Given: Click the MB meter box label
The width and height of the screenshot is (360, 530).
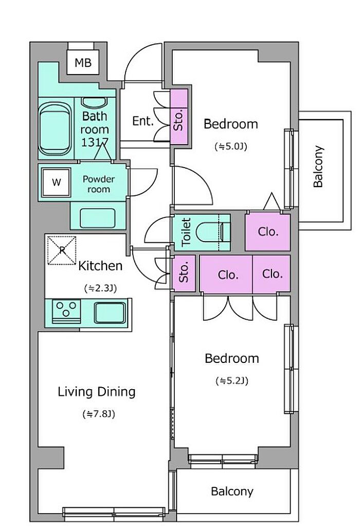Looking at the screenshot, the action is point(83,63).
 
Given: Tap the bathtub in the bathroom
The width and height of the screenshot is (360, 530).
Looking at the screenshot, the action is point(55,129).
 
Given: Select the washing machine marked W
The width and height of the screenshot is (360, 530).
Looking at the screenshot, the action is point(56,182).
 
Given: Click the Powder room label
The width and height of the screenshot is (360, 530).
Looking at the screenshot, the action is point(99,184).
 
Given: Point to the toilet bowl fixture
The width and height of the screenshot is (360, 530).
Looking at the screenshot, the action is point(213,232).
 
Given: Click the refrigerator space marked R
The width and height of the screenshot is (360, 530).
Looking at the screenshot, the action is point(62,250).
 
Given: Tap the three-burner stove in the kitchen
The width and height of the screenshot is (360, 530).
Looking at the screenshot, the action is point(66,310).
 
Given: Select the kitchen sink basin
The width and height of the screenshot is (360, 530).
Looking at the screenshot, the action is point(110,313).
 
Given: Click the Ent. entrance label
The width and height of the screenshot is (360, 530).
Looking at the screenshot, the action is point(142,121).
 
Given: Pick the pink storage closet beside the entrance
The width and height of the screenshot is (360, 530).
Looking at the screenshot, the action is point(179,117).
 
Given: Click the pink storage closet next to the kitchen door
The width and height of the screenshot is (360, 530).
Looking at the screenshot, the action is point(184,273).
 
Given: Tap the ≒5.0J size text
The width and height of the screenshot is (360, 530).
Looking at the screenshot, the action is point(231,147).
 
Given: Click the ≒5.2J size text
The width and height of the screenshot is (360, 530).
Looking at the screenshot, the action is point(232,381).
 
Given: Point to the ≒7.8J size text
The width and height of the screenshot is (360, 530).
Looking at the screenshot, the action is point(99,414).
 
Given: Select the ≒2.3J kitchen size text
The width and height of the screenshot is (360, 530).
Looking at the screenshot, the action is point(100,288).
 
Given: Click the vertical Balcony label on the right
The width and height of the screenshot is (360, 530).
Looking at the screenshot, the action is point(318,167).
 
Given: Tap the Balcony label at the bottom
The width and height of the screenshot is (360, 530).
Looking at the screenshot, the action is point(232,491).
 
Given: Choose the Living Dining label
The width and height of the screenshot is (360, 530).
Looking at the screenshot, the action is point(97,391).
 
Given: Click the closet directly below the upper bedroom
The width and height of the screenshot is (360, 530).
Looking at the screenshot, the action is point(268,232).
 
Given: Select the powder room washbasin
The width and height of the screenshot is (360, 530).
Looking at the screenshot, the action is point(97,218).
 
